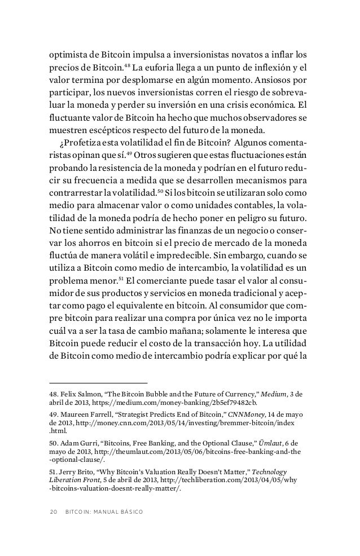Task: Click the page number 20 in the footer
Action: [x=54, y=511]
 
